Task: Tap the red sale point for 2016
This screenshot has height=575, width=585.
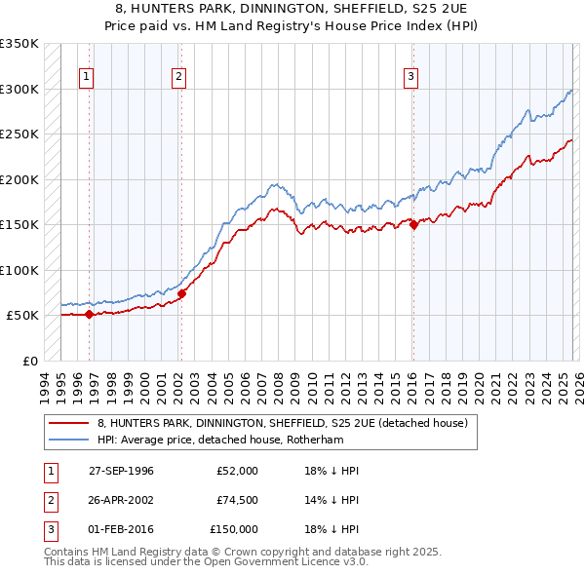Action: tap(413, 224)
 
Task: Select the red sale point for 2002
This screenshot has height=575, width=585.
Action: tap(181, 292)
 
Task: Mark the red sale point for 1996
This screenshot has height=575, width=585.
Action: tap(89, 314)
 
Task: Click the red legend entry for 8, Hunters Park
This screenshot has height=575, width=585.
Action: tap(283, 423)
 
